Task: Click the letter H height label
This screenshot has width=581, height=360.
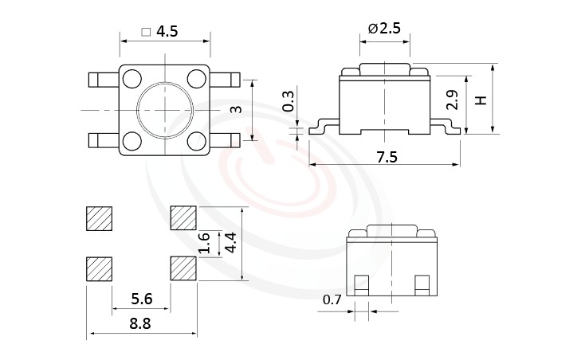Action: (480, 100)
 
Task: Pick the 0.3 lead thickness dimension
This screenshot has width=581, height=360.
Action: (289, 101)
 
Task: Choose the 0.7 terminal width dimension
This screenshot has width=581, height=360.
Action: (332, 300)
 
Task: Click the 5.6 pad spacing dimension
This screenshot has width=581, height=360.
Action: (140, 299)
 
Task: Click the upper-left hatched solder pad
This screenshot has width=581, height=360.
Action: (99, 218)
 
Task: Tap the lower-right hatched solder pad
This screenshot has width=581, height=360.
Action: (183, 269)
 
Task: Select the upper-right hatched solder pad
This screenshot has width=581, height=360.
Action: (183, 218)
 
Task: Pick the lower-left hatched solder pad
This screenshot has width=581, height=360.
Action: (99, 269)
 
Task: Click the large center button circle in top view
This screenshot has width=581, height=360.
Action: (164, 110)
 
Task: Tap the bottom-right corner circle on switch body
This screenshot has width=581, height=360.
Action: (197, 142)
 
